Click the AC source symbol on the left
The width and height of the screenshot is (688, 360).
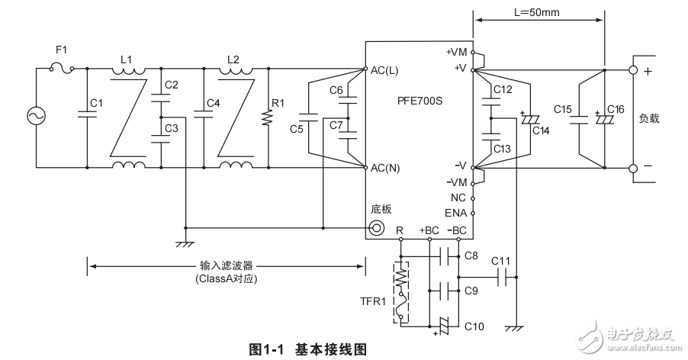point(36,115)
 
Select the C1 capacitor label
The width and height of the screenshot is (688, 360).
point(96,102)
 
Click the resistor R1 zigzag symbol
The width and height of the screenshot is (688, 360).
point(266,119)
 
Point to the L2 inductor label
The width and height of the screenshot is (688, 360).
point(233,59)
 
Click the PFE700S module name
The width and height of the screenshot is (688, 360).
point(420,99)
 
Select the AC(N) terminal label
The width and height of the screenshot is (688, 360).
point(384,167)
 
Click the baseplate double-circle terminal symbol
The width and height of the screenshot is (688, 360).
point(376,227)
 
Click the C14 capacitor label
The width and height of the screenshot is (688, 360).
point(542,130)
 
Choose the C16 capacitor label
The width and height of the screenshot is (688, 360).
point(616,110)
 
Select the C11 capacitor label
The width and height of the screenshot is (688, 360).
point(501,261)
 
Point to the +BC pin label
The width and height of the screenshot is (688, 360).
point(429,230)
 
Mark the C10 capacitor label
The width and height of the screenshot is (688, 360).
point(474,326)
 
